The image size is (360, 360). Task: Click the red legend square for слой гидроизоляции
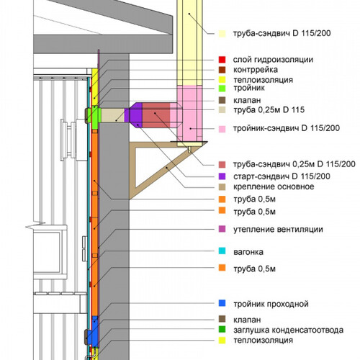pyautogui.click(x=222, y=60)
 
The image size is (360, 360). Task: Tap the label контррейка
pyautogui.click(x=256, y=70)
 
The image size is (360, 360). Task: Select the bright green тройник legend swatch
pyautogui.click(x=222, y=88)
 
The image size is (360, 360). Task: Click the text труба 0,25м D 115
pyautogui.click(x=269, y=110)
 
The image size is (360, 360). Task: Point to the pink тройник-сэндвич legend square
pyautogui.click(x=222, y=129)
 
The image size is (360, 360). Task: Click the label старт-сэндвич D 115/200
pyautogui.click(x=282, y=176)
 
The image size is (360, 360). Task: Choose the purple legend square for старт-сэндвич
pyautogui.click(x=222, y=176)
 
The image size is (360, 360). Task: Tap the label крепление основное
pyautogui.click(x=274, y=186)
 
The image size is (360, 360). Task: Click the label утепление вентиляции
pyautogui.click(x=278, y=230)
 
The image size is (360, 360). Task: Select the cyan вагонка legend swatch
pyautogui.click(x=222, y=251)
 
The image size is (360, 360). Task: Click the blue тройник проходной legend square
pyautogui.click(x=222, y=303)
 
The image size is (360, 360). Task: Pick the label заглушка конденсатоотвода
pyautogui.click(x=288, y=330)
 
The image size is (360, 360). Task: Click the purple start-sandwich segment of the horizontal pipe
pyautogui.click(x=135, y=115)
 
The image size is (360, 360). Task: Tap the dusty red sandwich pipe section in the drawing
pyautogui.click(x=156, y=115)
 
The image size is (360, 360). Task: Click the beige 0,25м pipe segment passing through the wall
pyautogui.click(x=112, y=115)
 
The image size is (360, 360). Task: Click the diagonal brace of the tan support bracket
pyautogui.click(x=166, y=169)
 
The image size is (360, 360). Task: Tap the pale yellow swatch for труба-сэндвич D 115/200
pyautogui.click(x=222, y=33)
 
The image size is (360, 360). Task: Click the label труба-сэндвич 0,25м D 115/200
pyautogui.click(x=294, y=164)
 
